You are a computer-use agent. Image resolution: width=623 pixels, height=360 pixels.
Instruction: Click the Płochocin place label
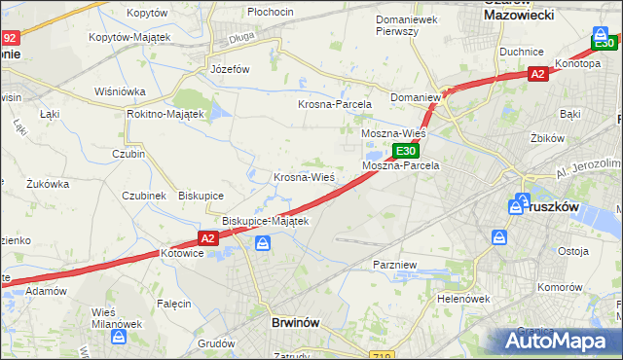pos(271,12)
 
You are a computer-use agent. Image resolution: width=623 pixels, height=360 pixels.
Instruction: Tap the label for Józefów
pos(231,70)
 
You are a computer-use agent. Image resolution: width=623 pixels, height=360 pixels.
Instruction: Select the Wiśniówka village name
pos(120,91)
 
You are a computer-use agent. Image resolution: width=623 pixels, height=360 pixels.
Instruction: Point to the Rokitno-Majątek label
pos(165,114)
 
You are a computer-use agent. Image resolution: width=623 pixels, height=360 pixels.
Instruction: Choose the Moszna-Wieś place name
pos(392,132)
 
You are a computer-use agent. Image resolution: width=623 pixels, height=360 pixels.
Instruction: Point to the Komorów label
pos(559,288)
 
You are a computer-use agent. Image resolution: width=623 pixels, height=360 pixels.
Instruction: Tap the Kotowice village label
pos(183,253)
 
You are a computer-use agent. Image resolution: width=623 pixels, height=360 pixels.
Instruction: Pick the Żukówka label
pos(48,183)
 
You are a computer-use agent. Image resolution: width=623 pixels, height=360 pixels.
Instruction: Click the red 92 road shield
pos(10,38)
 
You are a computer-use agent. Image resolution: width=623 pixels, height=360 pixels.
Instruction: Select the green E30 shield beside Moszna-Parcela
pos(406,151)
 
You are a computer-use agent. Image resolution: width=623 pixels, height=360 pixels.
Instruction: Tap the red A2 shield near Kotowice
pos(206,237)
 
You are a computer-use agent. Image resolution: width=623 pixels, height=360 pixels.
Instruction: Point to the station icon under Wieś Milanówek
pos(119,338)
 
